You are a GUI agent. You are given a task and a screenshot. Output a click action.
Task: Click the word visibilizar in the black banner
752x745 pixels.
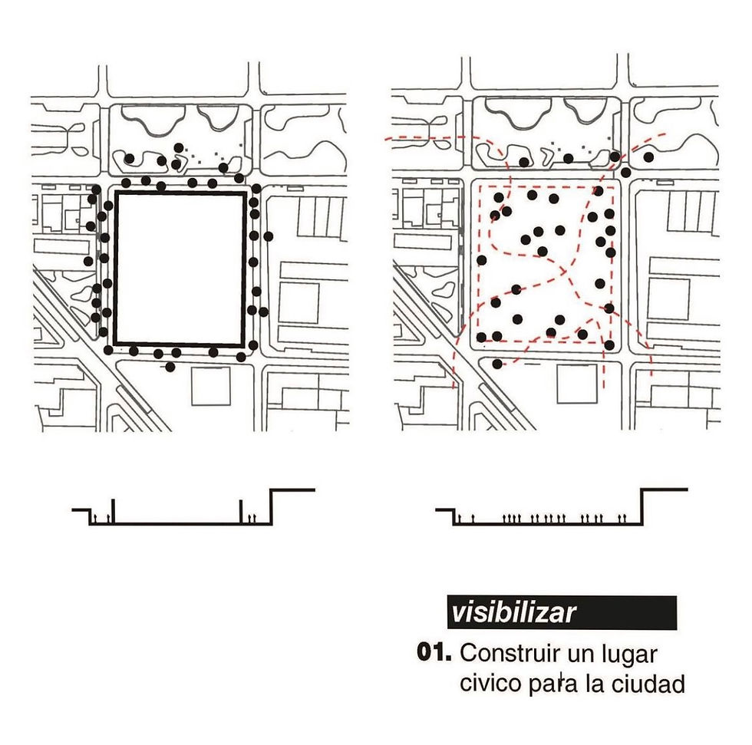pos(513,613)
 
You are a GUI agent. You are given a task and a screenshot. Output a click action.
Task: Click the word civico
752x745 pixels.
pos(490,683)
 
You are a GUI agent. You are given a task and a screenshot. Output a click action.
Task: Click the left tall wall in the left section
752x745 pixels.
pos(114,512)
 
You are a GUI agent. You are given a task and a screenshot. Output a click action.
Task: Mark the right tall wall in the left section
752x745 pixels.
pos(241,512)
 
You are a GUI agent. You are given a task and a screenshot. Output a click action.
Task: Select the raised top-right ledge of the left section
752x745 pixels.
pos(292,490)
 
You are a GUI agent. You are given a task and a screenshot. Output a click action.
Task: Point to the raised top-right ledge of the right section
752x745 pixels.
pos(665,490)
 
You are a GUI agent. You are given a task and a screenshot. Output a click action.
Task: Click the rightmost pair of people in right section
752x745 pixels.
pos(622,518)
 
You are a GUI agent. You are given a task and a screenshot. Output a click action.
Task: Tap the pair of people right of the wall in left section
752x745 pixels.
pos(252,518)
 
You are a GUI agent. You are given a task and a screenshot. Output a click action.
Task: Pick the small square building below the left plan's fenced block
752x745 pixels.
pos(210,387)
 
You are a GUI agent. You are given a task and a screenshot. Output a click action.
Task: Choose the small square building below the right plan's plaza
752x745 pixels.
pos(577,384)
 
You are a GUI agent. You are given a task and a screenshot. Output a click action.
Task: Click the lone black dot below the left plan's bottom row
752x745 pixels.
pos(170,368)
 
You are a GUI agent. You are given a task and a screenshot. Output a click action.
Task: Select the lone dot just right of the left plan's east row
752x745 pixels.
pos(268,236)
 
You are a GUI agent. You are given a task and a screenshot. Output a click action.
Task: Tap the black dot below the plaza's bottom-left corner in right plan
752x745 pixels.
pos(497,364)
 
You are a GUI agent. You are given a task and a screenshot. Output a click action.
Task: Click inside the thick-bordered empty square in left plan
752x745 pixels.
pos(180,269)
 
